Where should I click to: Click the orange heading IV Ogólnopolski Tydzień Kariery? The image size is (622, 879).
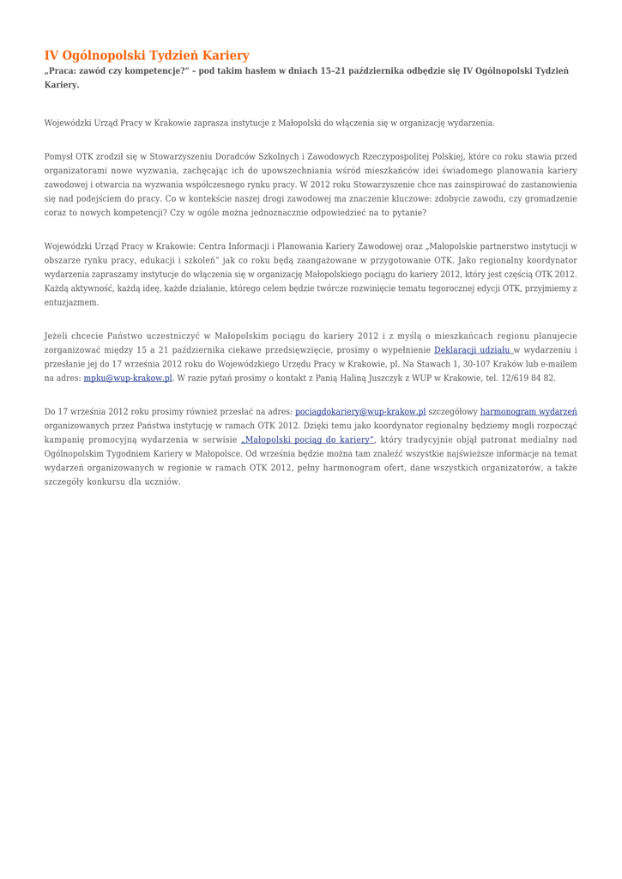pyautogui.click(x=147, y=56)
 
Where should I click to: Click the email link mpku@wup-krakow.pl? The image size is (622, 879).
pyautogui.click(x=128, y=378)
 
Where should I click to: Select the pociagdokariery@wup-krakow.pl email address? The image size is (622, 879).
pyautogui.click(x=360, y=411)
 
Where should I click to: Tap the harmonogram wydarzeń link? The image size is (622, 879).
pyautogui.click(x=528, y=411)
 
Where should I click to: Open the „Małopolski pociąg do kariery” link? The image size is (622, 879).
pyautogui.click(x=307, y=439)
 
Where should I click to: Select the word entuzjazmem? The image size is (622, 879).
pyautogui.click(x=70, y=302)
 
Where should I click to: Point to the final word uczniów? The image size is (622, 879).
pyautogui.click(x=161, y=482)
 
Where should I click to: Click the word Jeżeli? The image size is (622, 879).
pyautogui.click(x=58, y=336)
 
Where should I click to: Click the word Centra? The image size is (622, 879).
pyautogui.click(x=212, y=246)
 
